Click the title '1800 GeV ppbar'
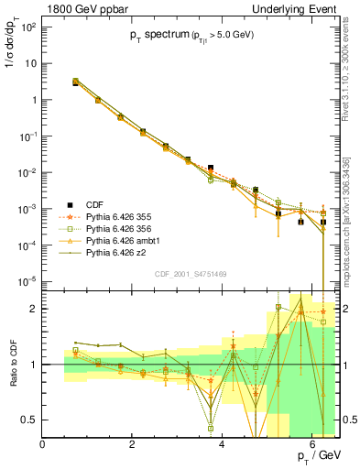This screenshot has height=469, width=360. [x=81, y=8]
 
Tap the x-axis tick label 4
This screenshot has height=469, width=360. [x=223, y=444]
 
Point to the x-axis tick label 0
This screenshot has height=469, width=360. [x=43, y=444]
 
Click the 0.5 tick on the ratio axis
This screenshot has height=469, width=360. [x=30, y=420]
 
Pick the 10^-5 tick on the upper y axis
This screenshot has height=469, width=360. [x=27, y=280]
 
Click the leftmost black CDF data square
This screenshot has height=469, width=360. [x=75, y=82]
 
